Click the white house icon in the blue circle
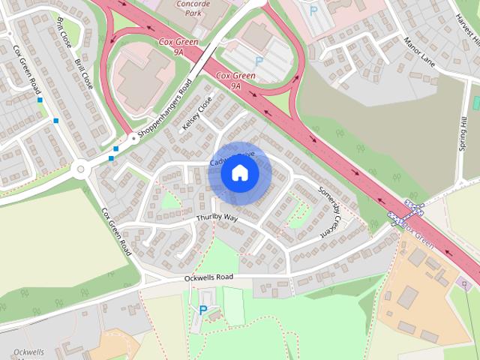click(x=240, y=173)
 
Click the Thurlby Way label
click(x=217, y=217)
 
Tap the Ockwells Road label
click(x=208, y=277)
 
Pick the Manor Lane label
click(x=418, y=50)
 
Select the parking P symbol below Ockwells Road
click(x=202, y=310)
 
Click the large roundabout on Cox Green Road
click(x=80, y=170)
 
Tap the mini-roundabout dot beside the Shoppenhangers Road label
click(x=133, y=138)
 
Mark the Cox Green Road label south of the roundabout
click(x=116, y=232)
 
